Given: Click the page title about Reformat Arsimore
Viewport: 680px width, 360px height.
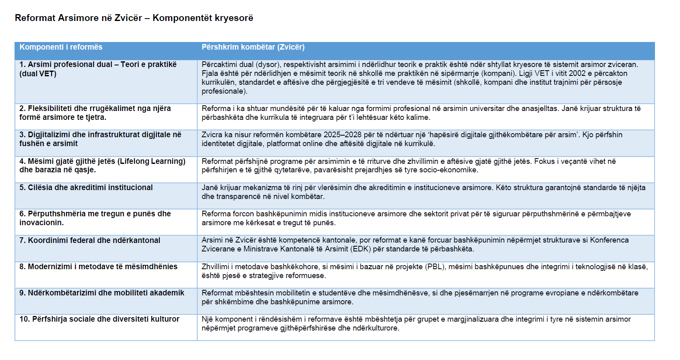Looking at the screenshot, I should pos(134,18).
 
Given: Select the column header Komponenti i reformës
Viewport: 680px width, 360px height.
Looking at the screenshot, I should pos(61,47).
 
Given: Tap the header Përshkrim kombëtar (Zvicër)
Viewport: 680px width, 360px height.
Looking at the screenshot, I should pos(253,47).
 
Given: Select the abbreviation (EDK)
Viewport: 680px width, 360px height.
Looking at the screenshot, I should pos(361,249).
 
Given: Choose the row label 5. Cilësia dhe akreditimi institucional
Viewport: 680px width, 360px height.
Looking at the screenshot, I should pos(86,188).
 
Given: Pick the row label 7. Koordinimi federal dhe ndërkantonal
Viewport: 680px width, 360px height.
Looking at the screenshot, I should pos(90,241).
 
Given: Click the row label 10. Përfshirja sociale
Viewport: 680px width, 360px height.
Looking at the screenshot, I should pos(99,319).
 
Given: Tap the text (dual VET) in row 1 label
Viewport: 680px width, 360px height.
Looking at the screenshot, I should pos(38,74).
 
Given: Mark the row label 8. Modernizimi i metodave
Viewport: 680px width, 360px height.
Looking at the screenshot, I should pos(98,267).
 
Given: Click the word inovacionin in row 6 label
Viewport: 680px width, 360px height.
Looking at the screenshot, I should pos(42,223).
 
